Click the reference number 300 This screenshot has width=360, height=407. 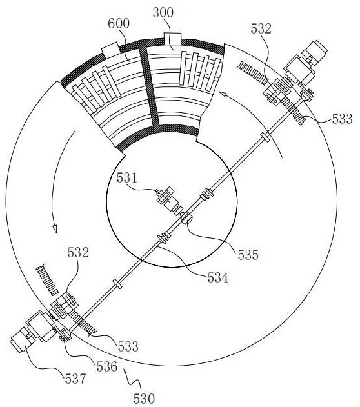(163, 13)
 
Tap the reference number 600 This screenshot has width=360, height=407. (119, 24)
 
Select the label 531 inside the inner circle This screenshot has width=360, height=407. (126, 178)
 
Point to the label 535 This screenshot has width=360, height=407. (248, 255)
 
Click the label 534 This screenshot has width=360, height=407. (217, 278)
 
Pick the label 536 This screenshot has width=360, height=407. (107, 367)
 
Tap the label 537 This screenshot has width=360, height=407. (75, 379)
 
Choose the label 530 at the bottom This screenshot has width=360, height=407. (144, 399)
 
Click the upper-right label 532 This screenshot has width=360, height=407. (261, 29)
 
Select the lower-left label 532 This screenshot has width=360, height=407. (78, 253)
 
